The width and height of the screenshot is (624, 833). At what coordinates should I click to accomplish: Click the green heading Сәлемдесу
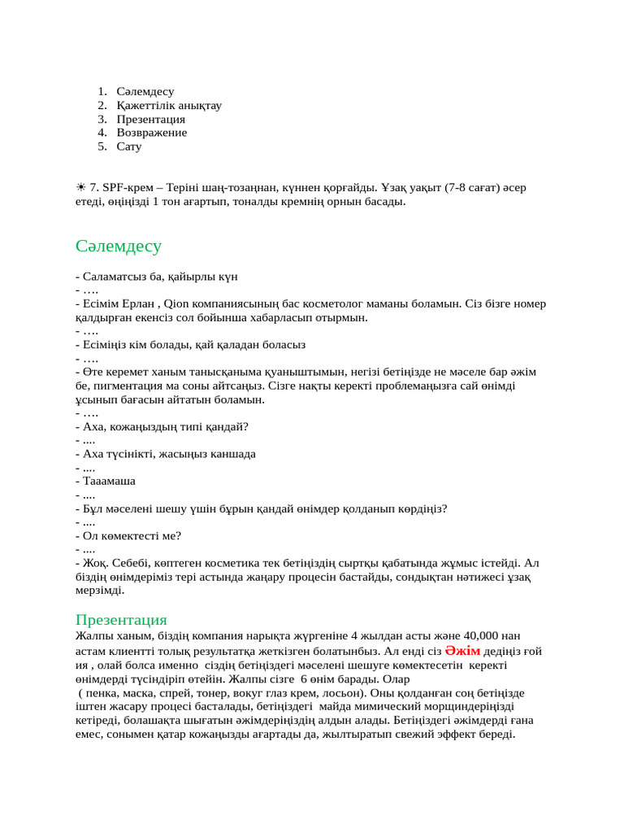pyautogui.click(x=119, y=246)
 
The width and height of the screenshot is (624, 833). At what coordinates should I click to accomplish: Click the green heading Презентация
pyautogui.click(x=121, y=620)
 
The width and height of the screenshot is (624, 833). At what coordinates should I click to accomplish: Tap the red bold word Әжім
pyautogui.click(x=462, y=651)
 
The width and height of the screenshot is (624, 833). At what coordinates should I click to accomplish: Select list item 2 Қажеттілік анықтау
pyautogui.click(x=169, y=105)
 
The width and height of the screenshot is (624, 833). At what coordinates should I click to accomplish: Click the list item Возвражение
pyautogui.click(x=151, y=133)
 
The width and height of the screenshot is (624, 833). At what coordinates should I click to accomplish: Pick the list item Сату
pyautogui.click(x=128, y=146)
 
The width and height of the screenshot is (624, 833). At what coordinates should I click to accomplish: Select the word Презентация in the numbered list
pyautogui.click(x=150, y=119)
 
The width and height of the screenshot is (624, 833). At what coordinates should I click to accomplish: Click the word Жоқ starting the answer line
pyautogui.click(x=93, y=562)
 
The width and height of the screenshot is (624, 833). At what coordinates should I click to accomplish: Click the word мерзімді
pyautogui.click(x=99, y=591)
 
